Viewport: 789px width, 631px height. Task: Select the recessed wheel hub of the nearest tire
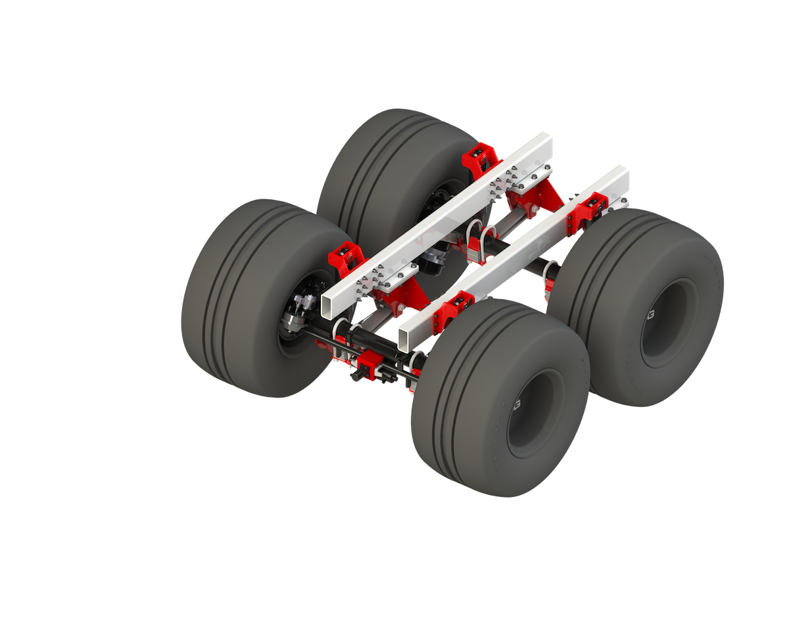coord(534,413)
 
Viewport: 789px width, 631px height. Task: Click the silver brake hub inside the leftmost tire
coord(299,312)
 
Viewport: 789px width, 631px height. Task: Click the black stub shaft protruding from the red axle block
coord(358,377)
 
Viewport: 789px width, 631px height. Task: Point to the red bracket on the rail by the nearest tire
coord(452,310)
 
